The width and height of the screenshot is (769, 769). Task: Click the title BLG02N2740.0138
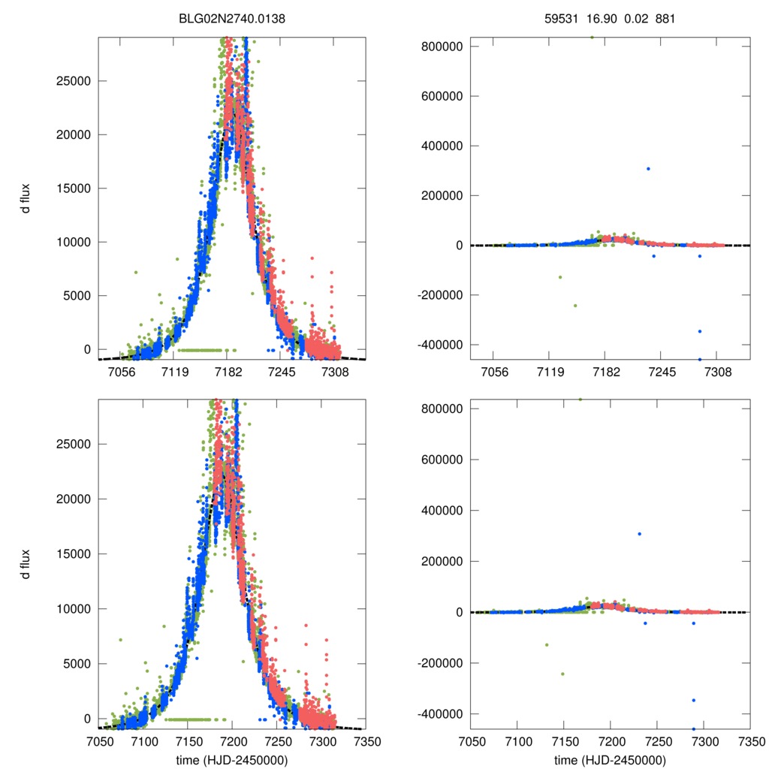coord(232,20)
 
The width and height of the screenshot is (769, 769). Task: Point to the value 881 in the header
coord(665,20)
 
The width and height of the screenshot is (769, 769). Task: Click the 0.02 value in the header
coord(635,20)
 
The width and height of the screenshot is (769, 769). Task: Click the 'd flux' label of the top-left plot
coord(26,198)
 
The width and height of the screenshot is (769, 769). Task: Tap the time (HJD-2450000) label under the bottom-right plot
coord(610,759)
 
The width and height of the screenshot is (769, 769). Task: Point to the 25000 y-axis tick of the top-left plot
coord(73,81)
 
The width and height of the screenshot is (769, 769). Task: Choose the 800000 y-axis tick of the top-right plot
coord(440,47)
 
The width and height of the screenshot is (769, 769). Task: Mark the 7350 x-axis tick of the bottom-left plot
coord(366,740)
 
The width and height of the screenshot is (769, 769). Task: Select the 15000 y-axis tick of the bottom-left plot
coord(73,553)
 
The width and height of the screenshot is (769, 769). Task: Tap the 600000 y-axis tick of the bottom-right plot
coord(440,460)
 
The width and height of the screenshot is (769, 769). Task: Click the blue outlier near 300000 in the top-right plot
coord(648,168)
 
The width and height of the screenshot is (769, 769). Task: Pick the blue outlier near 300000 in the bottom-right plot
coord(639,534)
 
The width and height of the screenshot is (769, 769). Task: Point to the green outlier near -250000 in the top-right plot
coord(575,305)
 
